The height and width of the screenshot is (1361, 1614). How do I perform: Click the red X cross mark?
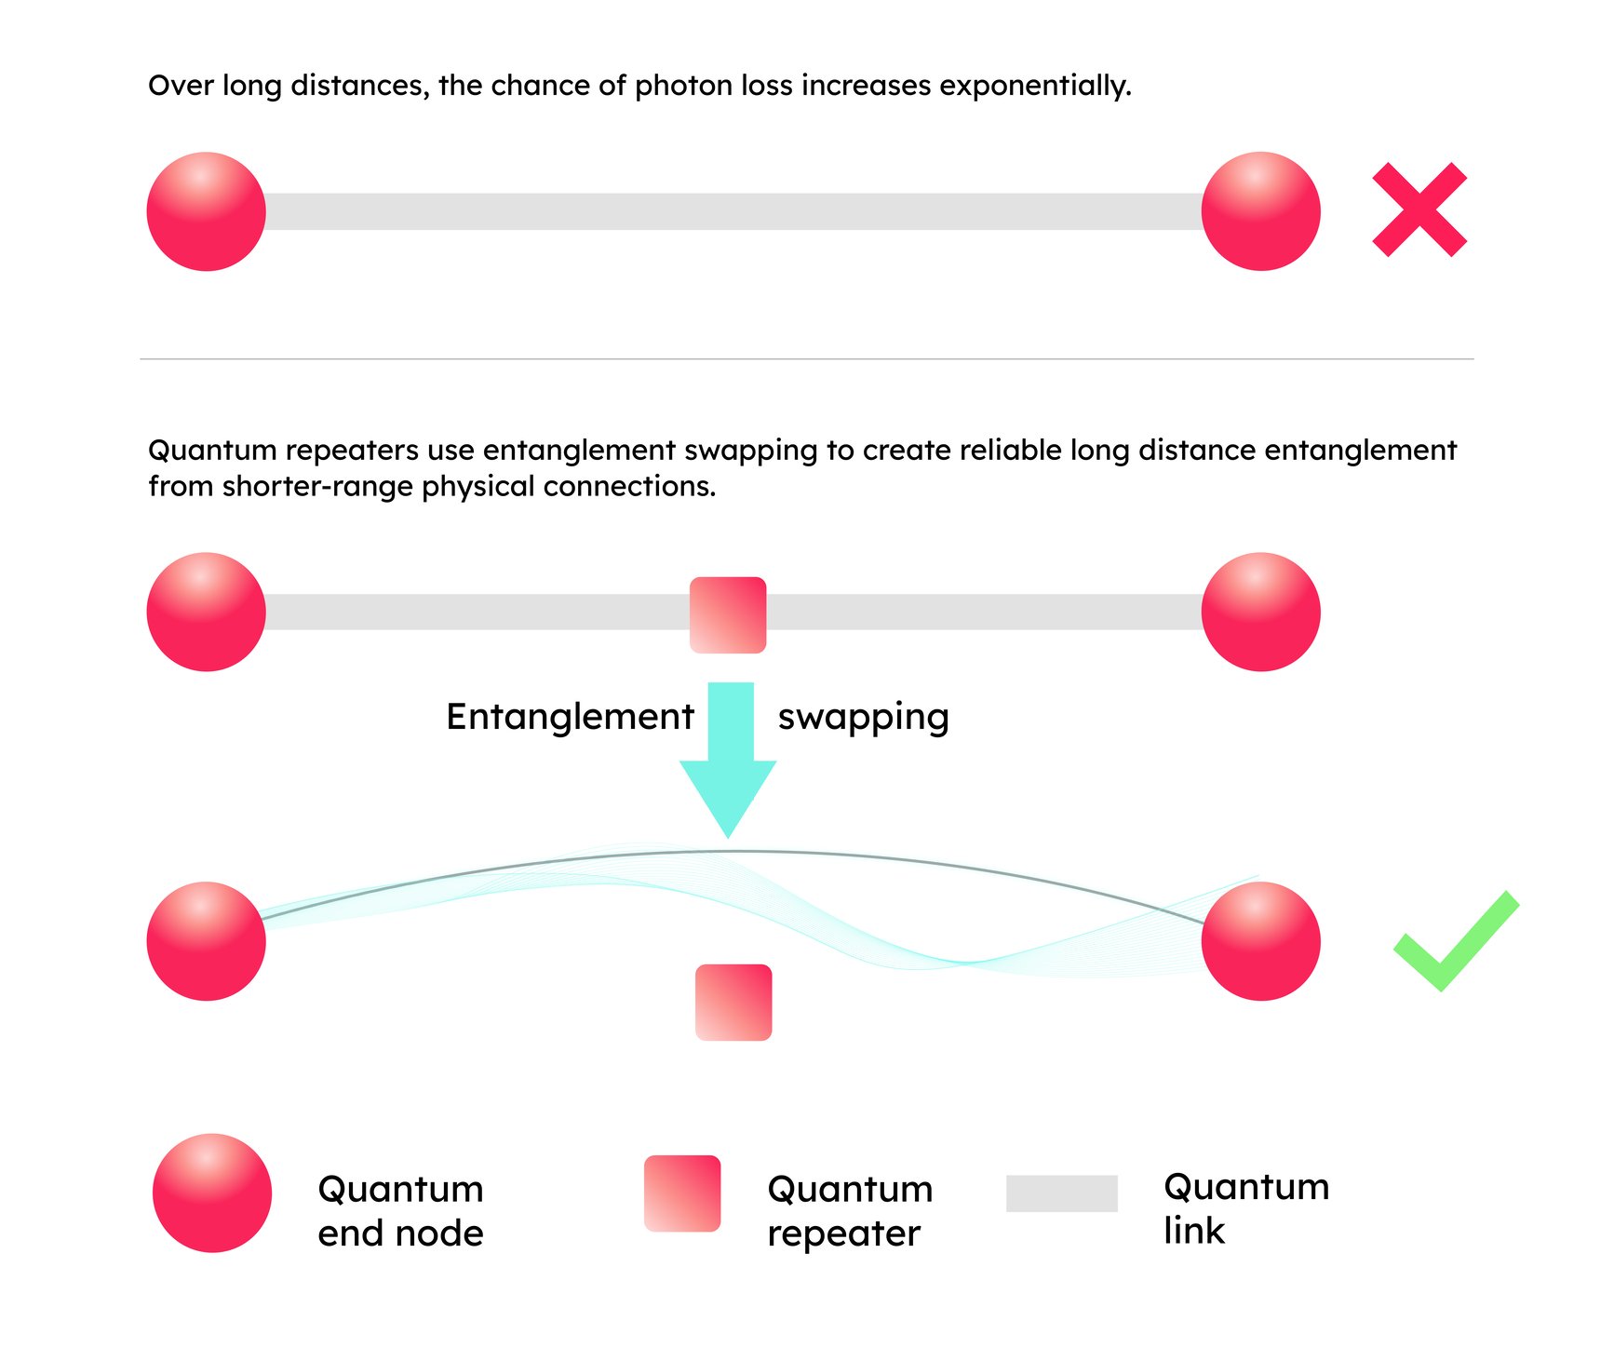(x=1419, y=209)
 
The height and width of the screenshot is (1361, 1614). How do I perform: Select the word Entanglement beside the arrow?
(x=570, y=717)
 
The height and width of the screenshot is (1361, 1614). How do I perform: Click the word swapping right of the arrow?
(x=863, y=717)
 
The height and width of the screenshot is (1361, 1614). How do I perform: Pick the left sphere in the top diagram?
(x=207, y=211)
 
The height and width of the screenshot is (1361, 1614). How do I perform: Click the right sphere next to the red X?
(x=1260, y=211)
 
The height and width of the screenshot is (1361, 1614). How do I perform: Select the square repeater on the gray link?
(x=728, y=614)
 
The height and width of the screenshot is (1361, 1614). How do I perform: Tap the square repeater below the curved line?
(x=733, y=1002)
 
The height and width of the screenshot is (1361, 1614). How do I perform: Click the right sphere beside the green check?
(x=1260, y=941)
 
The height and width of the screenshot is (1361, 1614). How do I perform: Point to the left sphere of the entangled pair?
(x=207, y=941)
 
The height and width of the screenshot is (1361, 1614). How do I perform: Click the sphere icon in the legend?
(x=212, y=1193)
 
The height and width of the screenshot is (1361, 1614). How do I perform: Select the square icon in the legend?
(x=682, y=1193)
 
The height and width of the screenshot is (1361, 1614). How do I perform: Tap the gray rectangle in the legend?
(x=1061, y=1193)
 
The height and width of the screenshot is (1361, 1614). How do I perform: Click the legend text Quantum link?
(x=1245, y=1208)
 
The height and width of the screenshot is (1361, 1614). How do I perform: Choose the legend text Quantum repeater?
(x=849, y=1210)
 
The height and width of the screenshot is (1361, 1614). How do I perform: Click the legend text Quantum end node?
(x=400, y=1210)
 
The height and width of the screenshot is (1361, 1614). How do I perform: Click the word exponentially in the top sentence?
(x=1035, y=86)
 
